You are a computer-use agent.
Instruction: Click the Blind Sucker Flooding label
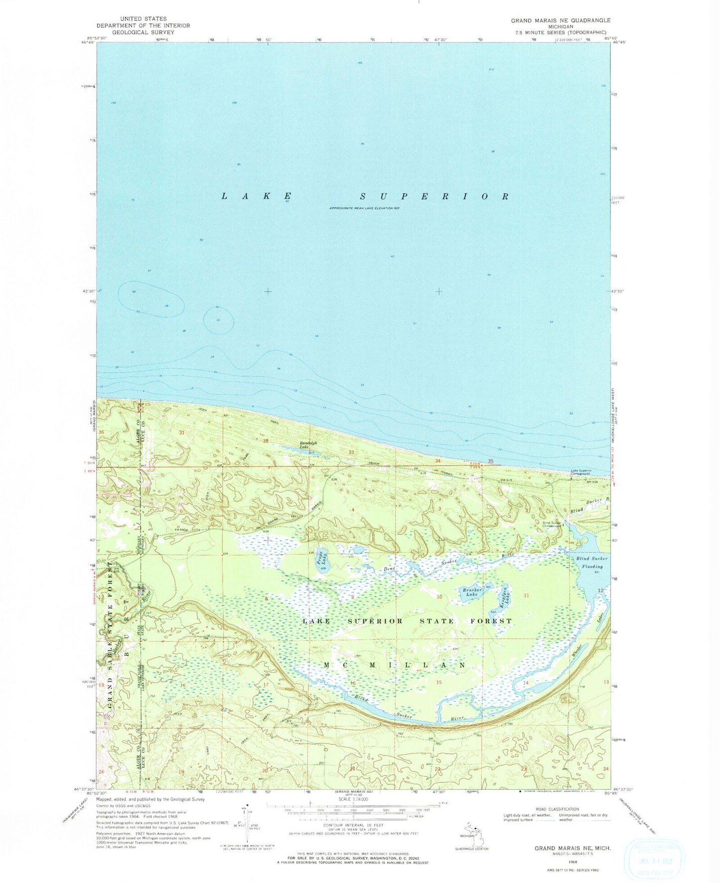(x=592, y=563)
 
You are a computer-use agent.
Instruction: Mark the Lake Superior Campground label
(x=581, y=472)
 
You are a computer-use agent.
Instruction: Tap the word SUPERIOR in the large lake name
(x=434, y=196)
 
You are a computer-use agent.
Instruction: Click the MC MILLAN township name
(x=395, y=665)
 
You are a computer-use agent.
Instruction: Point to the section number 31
(x=181, y=433)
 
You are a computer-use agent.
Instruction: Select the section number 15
(x=439, y=682)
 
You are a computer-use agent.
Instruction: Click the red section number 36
(x=102, y=432)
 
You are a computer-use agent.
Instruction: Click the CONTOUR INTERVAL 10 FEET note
(x=352, y=825)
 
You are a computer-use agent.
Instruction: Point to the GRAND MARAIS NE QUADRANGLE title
(x=560, y=20)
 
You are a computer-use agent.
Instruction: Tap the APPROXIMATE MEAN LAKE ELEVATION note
(x=364, y=208)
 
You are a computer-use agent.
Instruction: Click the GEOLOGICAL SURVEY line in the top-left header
(x=143, y=32)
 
